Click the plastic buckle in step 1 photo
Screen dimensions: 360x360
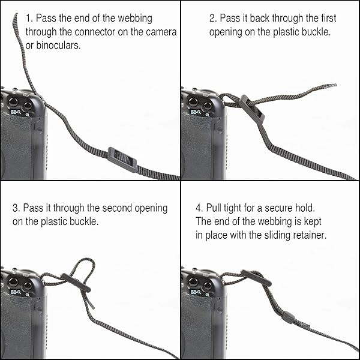coord(122,159)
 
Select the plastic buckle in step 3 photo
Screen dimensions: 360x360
coord(76,282)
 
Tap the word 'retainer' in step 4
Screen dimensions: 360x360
coord(307,235)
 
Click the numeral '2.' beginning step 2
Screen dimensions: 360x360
coord(212,19)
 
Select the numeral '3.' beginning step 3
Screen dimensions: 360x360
coord(16,208)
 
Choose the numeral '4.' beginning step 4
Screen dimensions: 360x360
coord(199,208)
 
